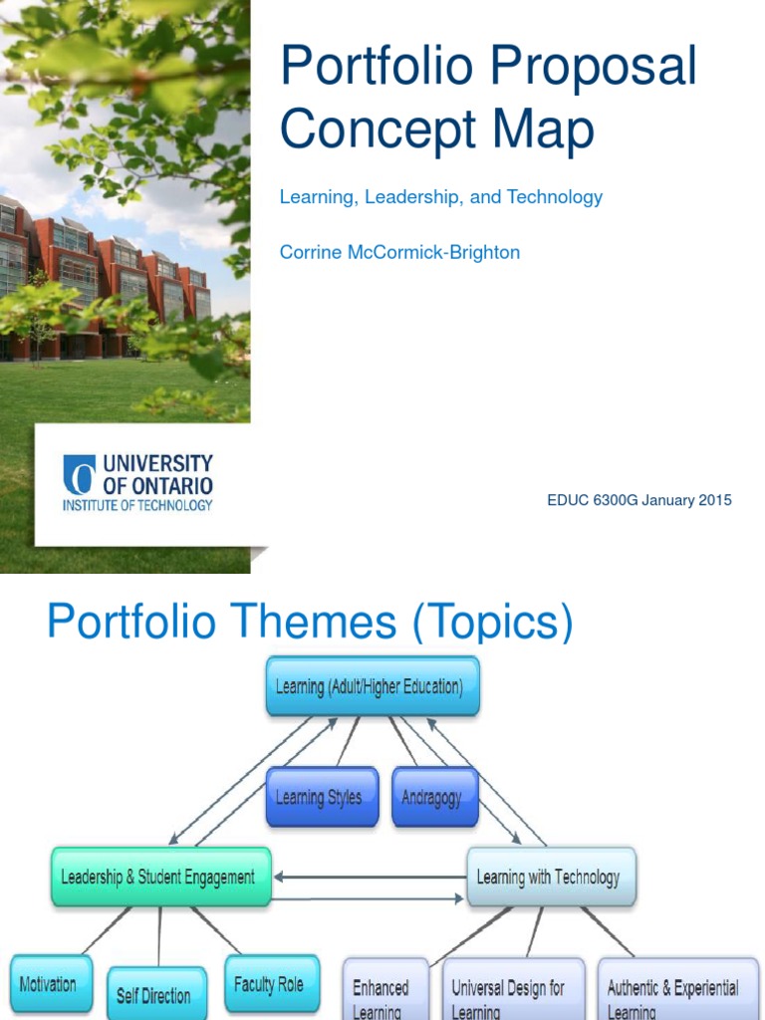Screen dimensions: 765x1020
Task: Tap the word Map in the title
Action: click(x=543, y=127)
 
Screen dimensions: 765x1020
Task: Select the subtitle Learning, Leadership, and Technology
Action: click(x=441, y=197)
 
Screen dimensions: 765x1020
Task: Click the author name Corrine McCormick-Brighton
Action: click(x=399, y=252)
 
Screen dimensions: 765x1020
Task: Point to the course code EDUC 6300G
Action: click(x=593, y=500)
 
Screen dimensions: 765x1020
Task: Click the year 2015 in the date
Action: click(x=715, y=500)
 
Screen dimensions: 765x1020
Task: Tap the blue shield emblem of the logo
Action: click(x=80, y=474)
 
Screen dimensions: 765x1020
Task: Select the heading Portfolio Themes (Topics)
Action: click(x=311, y=621)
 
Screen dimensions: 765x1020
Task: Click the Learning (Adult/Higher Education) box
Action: click(x=373, y=686)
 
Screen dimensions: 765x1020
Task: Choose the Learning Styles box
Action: click(x=322, y=797)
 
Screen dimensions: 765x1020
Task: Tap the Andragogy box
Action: click(x=435, y=797)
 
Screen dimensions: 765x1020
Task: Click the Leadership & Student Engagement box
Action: click(x=160, y=877)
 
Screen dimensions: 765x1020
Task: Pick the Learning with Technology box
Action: click(x=551, y=877)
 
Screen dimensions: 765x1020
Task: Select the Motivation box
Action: click(x=52, y=983)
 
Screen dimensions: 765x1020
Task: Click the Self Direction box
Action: click(x=156, y=993)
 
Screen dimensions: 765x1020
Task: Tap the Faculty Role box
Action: click(x=272, y=983)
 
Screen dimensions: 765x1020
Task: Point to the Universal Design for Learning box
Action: click(x=514, y=989)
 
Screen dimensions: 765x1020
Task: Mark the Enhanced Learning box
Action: click(x=385, y=989)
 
